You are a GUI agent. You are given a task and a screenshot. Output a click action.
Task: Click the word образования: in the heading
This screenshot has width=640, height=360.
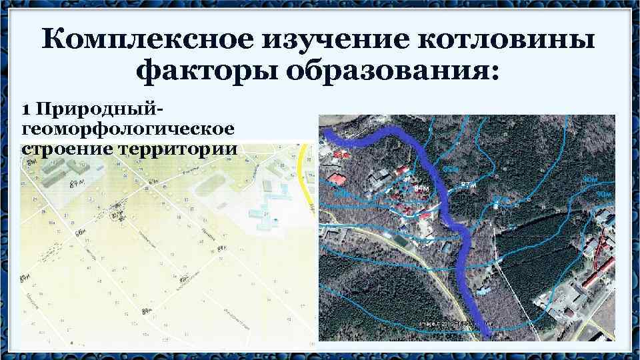(393, 71)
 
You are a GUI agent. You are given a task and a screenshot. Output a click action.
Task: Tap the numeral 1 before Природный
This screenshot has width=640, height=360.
(26, 108)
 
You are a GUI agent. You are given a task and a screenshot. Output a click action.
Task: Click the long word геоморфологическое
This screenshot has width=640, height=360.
(127, 127)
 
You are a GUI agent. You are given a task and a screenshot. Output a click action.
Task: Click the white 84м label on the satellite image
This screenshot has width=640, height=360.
(421, 189)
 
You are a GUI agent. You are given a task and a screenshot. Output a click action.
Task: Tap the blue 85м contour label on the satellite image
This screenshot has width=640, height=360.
(451, 168)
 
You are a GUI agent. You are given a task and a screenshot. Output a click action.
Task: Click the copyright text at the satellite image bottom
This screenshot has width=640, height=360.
(443, 323)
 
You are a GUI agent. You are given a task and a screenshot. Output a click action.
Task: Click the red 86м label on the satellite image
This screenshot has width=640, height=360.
(341, 155)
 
